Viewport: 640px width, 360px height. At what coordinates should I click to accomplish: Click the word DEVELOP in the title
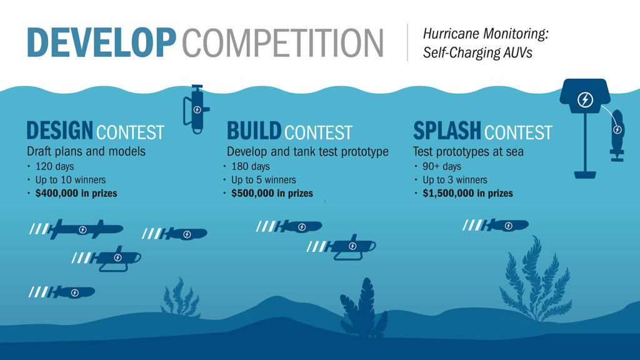click(101, 42)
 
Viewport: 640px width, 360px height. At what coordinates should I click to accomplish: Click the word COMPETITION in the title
click(282, 42)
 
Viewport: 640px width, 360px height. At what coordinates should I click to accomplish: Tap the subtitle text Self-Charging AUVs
click(477, 52)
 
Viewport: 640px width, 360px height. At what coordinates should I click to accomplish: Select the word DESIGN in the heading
click(59, 130)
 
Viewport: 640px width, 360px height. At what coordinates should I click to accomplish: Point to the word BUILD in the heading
click(254, 131)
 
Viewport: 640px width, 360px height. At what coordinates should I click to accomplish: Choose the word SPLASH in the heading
click(447, 131)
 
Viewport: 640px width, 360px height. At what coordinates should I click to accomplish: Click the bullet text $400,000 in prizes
click(76, 193)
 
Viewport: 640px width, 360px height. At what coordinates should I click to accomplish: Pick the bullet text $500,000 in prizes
click(272, 193)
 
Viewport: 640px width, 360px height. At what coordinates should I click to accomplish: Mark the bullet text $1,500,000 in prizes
click(467, 193)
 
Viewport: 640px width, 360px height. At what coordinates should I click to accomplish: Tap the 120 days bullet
click(55, 166)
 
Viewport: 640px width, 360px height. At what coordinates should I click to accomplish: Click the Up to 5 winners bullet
click(264, 179)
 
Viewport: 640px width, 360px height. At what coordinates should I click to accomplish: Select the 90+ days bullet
click(442, 166)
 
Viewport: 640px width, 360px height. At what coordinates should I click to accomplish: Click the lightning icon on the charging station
click(585, 99)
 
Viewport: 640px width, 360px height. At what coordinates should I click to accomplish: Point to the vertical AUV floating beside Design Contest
click(197, 109)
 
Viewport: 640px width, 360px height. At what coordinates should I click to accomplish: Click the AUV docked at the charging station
click(617, 135)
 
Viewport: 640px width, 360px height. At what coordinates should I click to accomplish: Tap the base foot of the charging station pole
click(585, 175)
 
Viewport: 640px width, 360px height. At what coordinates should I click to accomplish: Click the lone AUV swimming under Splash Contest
click(496, 225)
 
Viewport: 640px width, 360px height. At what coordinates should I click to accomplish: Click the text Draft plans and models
click(86, 151)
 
